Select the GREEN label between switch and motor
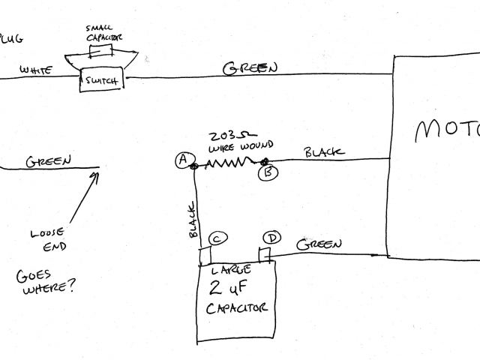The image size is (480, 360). [250, 67]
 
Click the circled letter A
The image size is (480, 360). [181, 159]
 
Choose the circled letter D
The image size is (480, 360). [273, 238]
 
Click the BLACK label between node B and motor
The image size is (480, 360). [324, 152]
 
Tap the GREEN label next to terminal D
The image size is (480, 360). [319, 244]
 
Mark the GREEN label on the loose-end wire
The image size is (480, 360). [49, 160]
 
